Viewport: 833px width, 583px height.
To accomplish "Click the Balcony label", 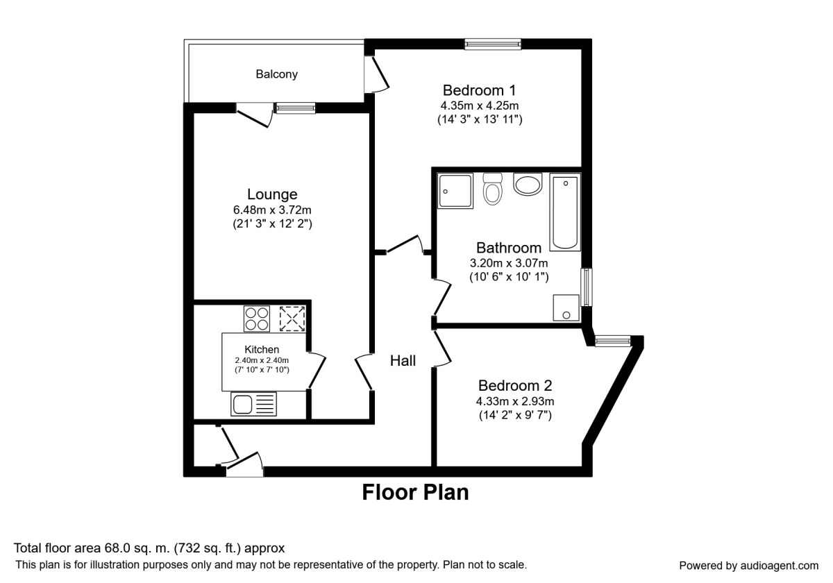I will [x=276, y=74].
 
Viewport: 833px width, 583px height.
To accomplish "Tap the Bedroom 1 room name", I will [x=479, y=90].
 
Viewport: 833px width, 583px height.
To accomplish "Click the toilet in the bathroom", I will [x=493, y=189].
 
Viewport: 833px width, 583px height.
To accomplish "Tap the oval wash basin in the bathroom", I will [x=528, y=185].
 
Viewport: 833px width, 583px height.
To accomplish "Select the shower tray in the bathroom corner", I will [x=455, y=190].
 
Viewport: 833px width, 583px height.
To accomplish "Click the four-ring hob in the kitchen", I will [x=257, y=319].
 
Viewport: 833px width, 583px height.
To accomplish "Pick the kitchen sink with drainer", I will [x=253, y=403].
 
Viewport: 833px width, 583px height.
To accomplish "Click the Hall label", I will [x=403, y=361].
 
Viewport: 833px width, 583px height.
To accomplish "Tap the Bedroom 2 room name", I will [x=515, y=386].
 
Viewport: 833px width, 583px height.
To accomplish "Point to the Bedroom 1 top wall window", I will [x=493, y=44].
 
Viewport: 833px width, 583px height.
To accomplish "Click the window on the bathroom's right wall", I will [x=587, y=287].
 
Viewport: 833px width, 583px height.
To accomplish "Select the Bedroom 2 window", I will [x=613, y=340].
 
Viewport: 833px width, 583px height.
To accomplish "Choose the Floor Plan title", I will [x=415, y=492].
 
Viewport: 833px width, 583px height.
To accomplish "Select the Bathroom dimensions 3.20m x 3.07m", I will [x=509, y=263].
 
